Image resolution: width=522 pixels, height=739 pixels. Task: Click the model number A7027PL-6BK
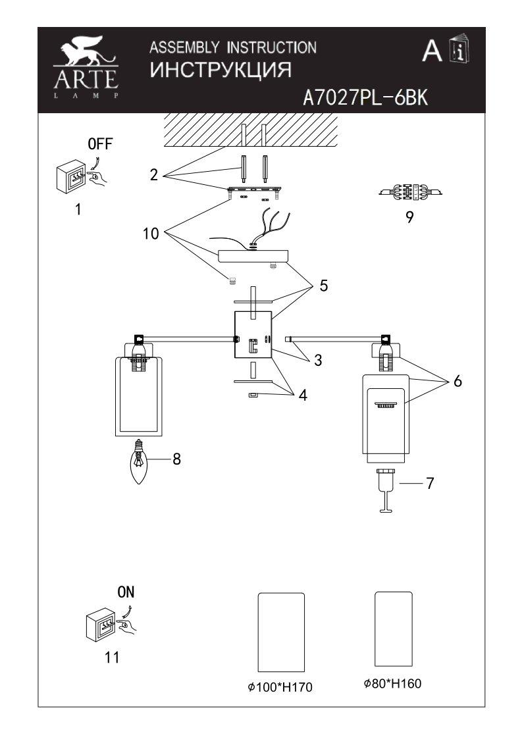coord(365,97)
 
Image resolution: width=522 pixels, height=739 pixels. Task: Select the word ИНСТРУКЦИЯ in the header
coord(221,69)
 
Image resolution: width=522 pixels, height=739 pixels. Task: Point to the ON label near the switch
coord(126,592)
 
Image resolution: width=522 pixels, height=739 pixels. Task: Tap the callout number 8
coord(176,459)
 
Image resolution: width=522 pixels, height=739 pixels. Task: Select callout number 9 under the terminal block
coord(409,218)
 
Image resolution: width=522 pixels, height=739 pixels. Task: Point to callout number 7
coord(429,482)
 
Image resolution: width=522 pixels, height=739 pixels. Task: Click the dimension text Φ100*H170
coord(279,688)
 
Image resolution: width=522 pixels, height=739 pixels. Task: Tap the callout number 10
coord(151,234)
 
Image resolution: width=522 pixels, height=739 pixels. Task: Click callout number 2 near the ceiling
coord(153,176)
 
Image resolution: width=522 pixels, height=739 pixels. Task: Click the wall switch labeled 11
coord(102,626)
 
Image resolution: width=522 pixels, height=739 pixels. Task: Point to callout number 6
coord(457,381)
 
